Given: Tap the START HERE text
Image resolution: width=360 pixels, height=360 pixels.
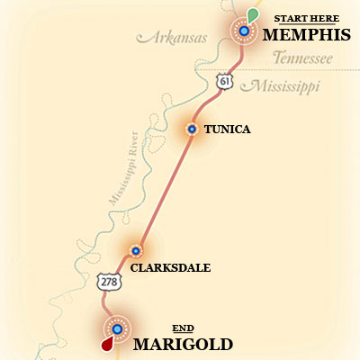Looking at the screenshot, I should tap(306, 17).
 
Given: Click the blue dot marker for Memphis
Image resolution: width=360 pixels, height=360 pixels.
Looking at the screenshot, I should tap(243, 32).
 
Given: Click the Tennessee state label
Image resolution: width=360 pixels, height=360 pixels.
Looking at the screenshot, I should tap(302, 58).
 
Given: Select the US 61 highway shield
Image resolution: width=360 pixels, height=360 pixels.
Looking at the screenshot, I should tap(224, 82).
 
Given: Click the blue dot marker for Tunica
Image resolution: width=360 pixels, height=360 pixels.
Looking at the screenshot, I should tap(191, 129).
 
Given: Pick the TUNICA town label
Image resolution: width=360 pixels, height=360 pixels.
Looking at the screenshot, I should tap(227, 130).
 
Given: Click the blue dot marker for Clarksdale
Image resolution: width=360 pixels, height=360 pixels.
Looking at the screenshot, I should tap(136, 251).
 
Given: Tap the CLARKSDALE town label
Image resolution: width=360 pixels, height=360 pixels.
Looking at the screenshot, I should tap(170, 267).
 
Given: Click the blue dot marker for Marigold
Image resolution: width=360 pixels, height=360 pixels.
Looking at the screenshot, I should tap(117, 328).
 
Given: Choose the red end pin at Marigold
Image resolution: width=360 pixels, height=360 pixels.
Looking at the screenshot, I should tap(107, 344).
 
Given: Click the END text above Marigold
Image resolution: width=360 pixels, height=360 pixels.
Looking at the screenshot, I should tap(183, 328).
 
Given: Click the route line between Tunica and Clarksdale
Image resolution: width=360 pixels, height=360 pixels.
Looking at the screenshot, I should tap(164, 189).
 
